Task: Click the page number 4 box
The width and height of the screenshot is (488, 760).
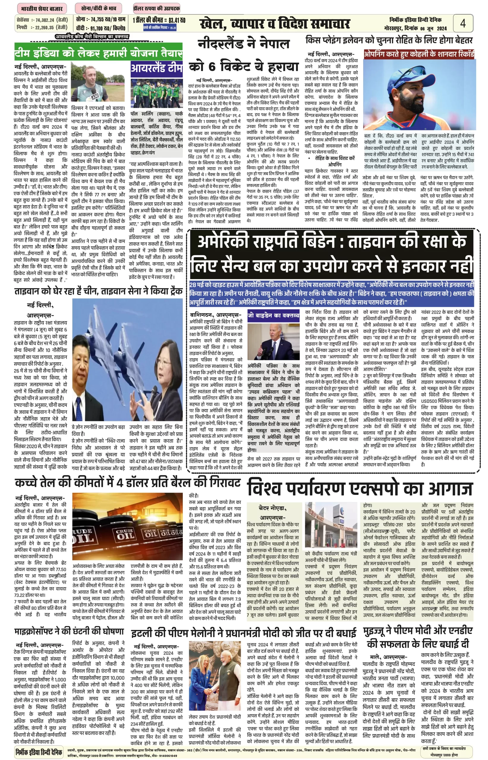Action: [463, 23]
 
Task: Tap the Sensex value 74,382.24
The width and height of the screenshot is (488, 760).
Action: [45, 20]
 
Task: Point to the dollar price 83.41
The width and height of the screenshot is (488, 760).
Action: [177, 20]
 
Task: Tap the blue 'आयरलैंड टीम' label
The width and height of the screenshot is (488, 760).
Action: [157, 69]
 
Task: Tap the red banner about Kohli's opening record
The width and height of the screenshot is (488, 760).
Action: [418, 54]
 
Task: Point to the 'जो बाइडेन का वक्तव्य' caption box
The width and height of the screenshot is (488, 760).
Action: [273, 315]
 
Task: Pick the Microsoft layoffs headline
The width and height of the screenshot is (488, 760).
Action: [69, 631]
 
